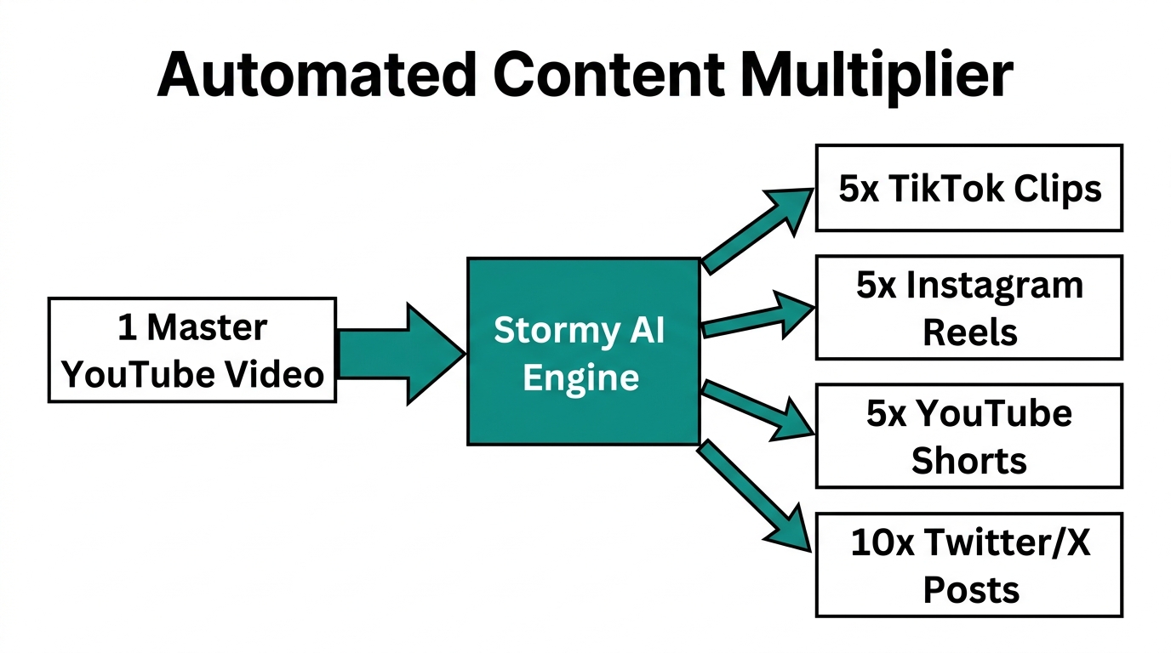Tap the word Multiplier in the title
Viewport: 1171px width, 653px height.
point(877,77)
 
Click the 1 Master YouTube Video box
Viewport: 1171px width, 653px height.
point(192,349)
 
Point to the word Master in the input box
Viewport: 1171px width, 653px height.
point(207,327)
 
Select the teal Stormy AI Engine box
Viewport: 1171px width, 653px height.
point(583,351)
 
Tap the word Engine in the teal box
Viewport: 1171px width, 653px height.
point(581,377)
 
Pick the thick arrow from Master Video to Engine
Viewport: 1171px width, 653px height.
point(400,352)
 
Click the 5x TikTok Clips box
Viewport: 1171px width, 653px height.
point(968,188)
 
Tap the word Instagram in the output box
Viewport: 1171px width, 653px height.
point(995,286)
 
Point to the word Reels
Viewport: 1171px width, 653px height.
point(970,332)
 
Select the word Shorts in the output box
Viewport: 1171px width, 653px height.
point(968,461)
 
